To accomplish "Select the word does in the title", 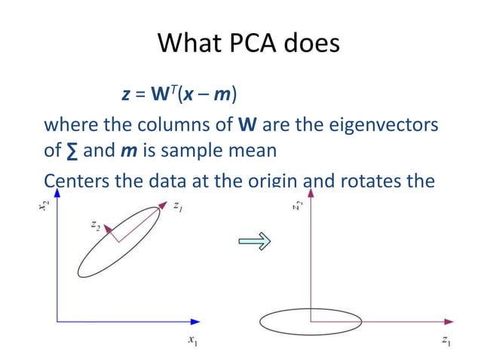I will point(310,44).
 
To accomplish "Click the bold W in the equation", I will point(164,96).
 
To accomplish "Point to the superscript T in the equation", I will point(178,91).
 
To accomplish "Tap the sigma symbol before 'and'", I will point(72,150).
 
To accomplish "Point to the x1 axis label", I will point(194,341).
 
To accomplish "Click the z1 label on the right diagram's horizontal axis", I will point(446,341).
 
